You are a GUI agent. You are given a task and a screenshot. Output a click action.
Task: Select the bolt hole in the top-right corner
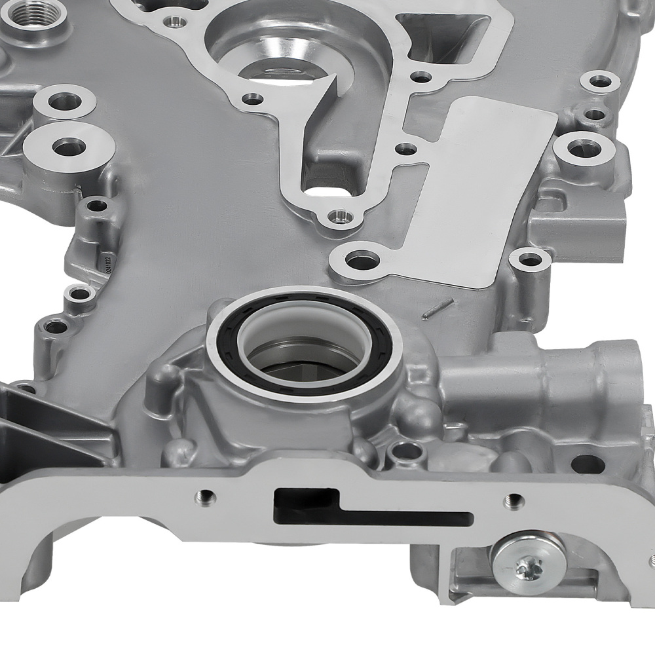click(x=600, y=82)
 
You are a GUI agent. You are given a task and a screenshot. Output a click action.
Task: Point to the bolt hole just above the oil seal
click(x=362, y=260)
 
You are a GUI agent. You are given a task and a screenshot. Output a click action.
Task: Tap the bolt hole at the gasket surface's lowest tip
click(x=339, y=214)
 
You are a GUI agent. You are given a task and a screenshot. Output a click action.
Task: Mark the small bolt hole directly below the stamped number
click(x=80, y=293)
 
